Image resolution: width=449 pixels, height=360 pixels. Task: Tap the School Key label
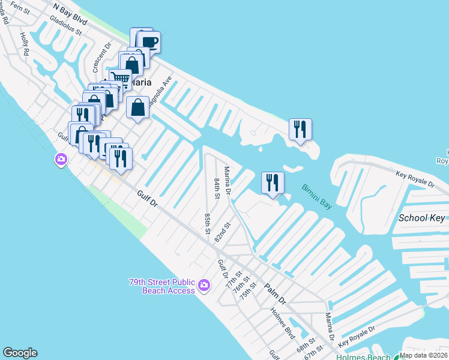tap(421, 218)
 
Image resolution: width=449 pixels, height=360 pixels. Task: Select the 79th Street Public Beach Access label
tap(162, 286)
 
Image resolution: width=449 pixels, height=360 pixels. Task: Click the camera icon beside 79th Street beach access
tap(203, 284)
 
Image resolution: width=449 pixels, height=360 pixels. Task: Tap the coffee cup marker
tap(149, 43)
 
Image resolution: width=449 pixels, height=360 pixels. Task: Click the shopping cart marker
tap(121, 79)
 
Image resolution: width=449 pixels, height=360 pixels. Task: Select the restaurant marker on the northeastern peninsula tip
tap(300, 129)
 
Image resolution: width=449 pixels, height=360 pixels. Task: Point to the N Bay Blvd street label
tap(70, 14)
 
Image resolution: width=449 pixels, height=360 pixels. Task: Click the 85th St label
tap(207, 223)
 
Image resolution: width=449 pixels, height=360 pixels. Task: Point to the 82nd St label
tap(223, 232)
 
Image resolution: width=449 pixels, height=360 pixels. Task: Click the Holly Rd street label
tap(25, 44)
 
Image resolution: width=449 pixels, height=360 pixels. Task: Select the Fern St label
tap(20, 10)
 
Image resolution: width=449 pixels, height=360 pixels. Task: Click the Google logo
tap(20, 353)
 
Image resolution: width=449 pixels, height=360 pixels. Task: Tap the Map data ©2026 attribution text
tap(423, 355)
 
